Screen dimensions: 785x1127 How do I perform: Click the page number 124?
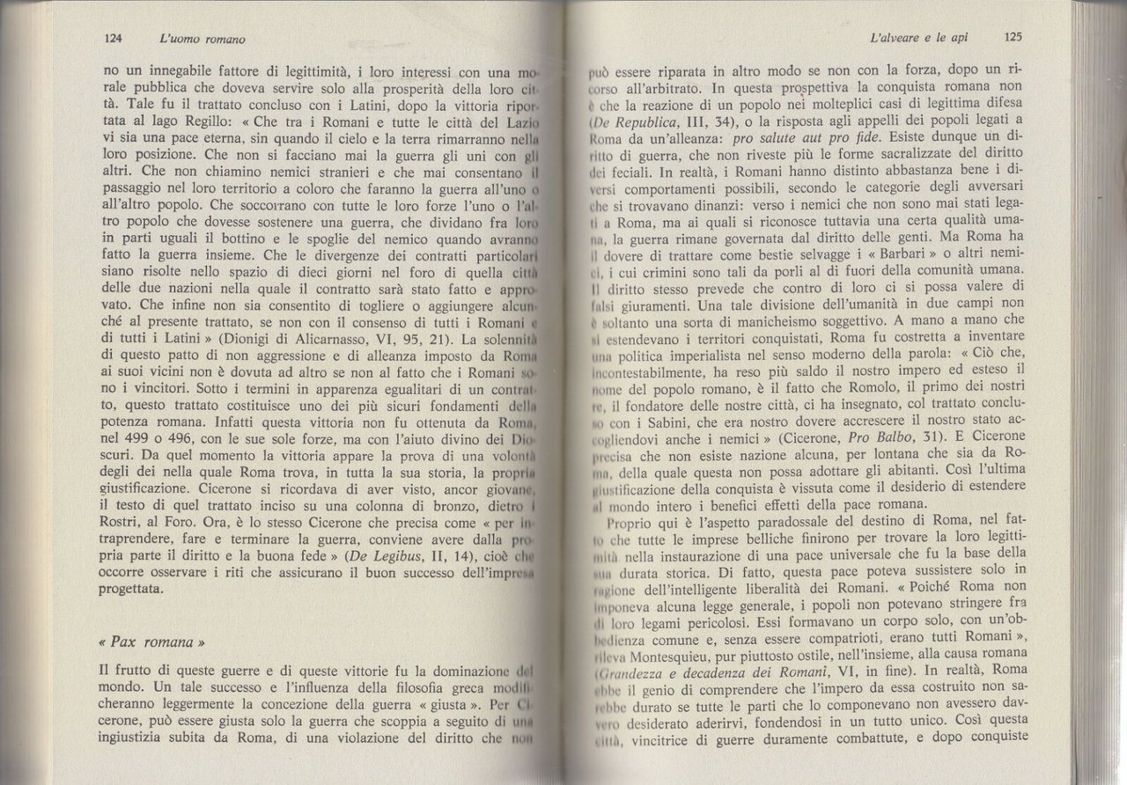pos(112,39)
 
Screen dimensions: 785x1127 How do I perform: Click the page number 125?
pos(1011,39)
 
